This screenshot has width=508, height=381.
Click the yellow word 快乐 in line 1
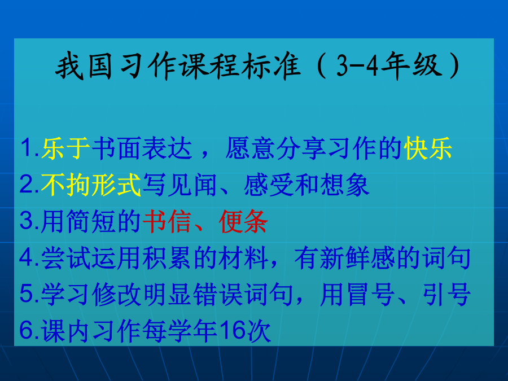(428, 148)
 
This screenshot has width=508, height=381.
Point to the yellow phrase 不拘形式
(91, 185)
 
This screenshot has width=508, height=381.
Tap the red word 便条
(243, 221)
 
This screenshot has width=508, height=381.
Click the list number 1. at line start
(30, 148)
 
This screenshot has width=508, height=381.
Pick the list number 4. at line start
(30, 258)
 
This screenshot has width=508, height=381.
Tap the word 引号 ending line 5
(446, 294)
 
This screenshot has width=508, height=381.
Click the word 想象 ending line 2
(345, 185)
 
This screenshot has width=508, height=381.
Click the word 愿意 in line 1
(250, 148)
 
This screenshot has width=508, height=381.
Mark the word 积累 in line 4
(167, 258)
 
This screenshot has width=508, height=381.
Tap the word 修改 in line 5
(117, 294)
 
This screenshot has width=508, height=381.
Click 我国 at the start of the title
(84, 66)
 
